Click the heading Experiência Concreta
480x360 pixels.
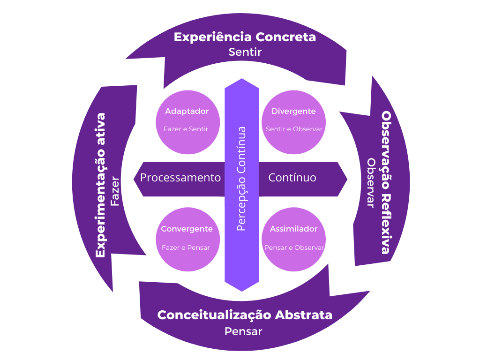[x=245, y=37]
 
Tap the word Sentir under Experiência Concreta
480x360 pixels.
[x=245, y=52]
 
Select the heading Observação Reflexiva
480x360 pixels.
[x=385, y=182]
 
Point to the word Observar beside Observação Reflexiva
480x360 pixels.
[x=371, y=183]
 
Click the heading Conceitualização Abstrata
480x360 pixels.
[x=245, y=315]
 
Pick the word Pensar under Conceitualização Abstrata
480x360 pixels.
[x=243, y=331]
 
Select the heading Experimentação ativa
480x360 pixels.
[x=100, y=185]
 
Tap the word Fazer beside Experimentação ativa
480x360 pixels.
[x=115, y=192]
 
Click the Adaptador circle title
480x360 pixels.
[x=187, y=112]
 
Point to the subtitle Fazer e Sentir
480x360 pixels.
[x=186, y=129]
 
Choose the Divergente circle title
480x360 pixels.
[x=293, y=112]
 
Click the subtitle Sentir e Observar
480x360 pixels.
[x=294, y=129]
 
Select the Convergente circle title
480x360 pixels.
[x=187, y=229]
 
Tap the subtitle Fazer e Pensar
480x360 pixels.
[x=186, y=247]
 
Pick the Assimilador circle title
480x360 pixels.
[x=293, y=229]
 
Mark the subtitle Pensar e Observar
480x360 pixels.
[x=294, y=247]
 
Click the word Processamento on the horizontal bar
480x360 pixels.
[x=180, y=178]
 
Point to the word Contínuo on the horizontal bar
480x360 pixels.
[x=292, y=178]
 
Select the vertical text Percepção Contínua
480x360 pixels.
[x=242, y=179]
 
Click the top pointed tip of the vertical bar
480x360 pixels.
[x=242, y=80]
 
